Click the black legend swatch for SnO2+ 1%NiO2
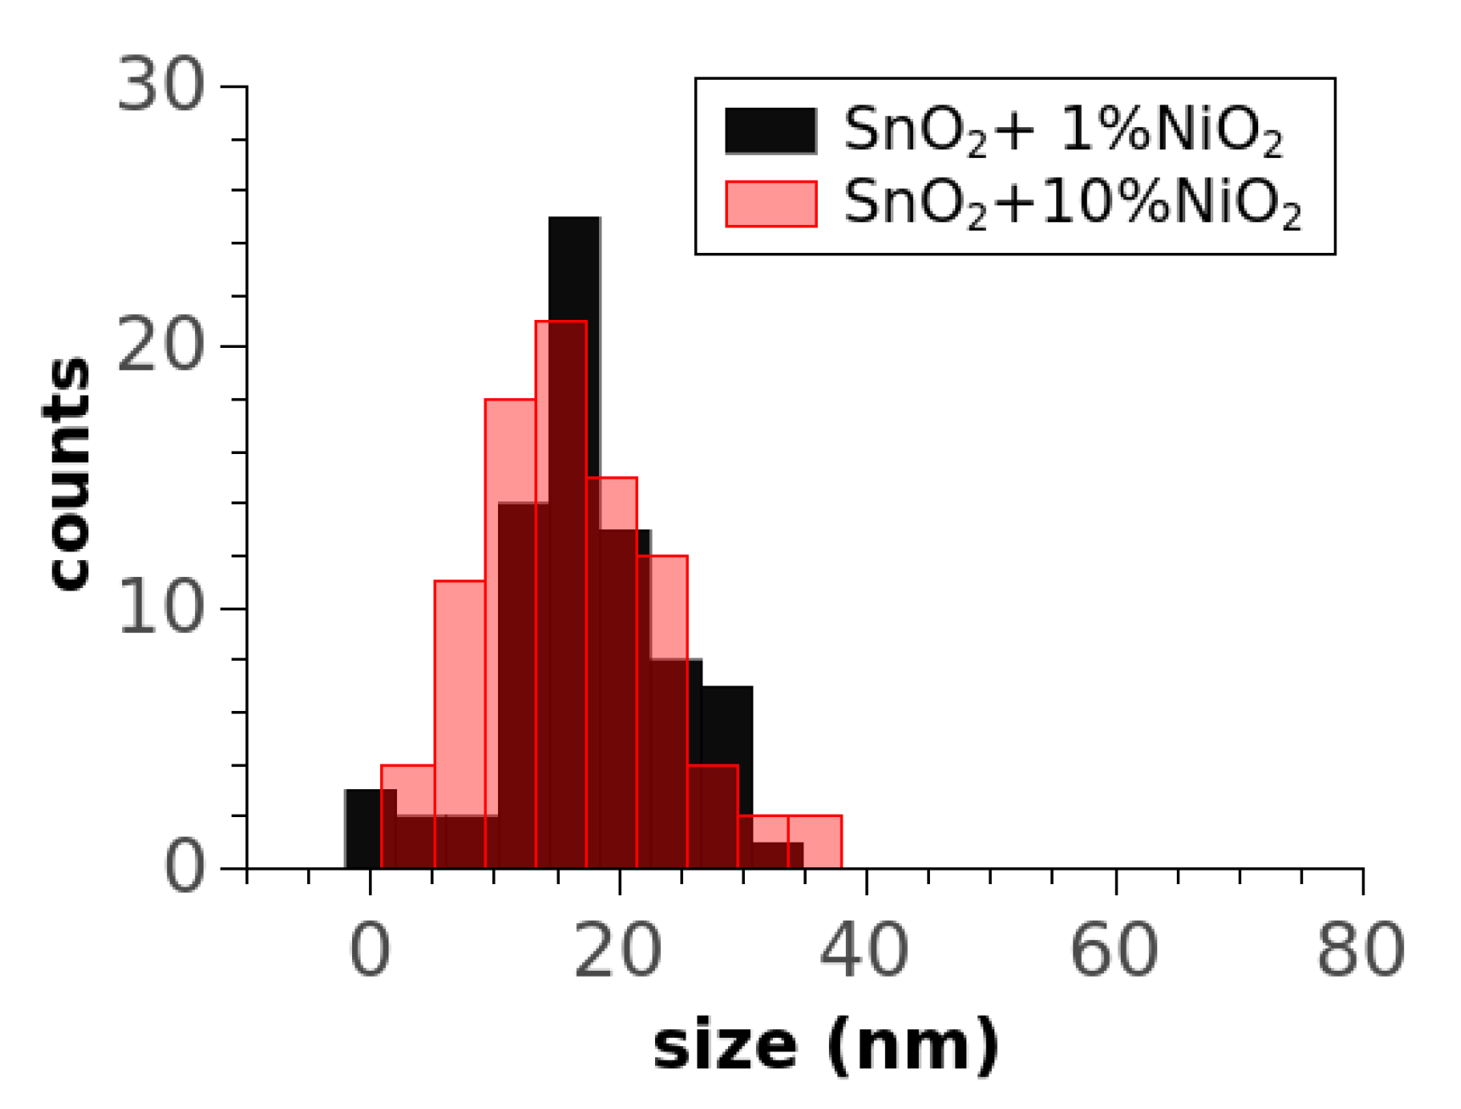(x=770, y=131)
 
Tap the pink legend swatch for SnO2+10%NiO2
(x=770, y=204)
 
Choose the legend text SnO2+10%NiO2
(x=1072, y=204)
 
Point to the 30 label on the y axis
(x=161, y=85)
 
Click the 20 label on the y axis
(x=161, y=346)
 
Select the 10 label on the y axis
(x=161, y=608)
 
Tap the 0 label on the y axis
(x=184, y=868)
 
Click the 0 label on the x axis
(x=370, y=950)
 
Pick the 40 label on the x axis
(x=865, y=950)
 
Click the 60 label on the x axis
(x=1114, y=950)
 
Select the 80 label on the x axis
(x=1361, y=950)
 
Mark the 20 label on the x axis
(x=618, y=950)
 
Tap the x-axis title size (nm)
(x=826, y=1046)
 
